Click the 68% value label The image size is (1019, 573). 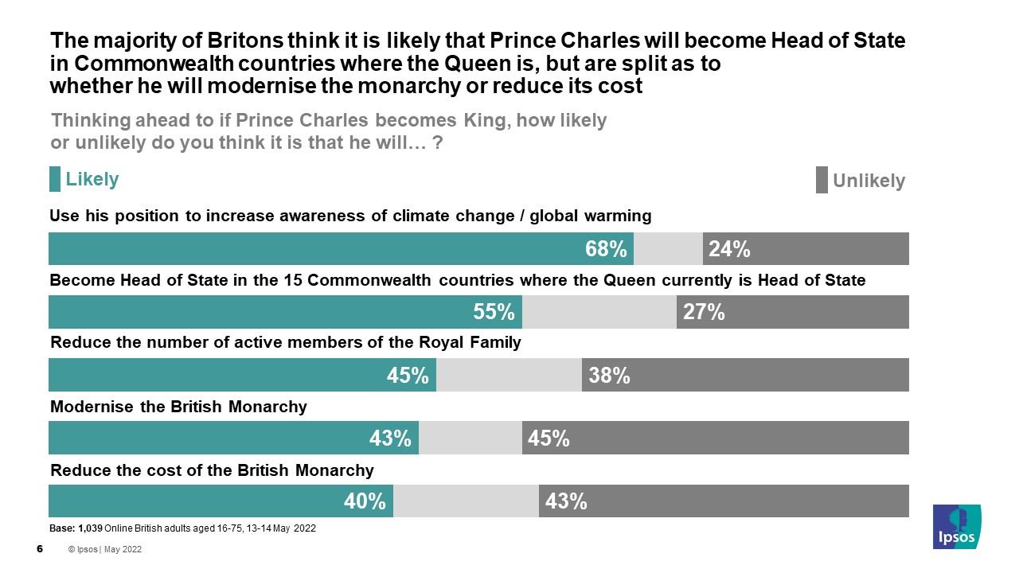[606, 249]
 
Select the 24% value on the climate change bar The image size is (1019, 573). [729, 249]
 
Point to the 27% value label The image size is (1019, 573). [703, 312]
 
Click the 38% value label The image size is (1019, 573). [609, 375]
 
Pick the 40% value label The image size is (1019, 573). [365, 501]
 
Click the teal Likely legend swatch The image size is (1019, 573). [55, 179]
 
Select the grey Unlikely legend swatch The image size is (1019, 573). [822, 180]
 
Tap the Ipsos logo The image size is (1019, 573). [957, 527]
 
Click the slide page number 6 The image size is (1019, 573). [40, 549]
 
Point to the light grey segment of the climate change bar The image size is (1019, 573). [668, 249]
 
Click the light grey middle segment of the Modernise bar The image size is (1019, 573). [470, 438]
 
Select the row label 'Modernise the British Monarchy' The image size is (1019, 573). [178, 407]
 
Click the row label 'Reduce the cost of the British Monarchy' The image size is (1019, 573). [212, 470]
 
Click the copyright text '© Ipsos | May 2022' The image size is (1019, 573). [105, 550]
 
